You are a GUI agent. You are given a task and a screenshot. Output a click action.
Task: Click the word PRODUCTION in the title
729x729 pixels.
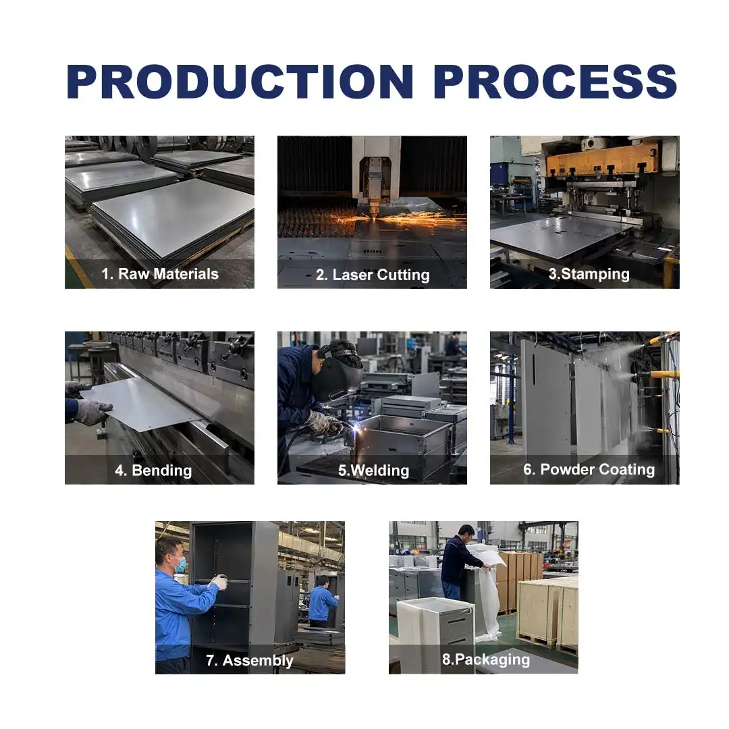tap(240, 82)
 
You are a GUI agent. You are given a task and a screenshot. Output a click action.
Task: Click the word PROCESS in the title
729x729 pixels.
tap(555, 82)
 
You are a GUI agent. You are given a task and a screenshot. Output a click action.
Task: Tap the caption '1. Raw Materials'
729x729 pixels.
tap(160, 274)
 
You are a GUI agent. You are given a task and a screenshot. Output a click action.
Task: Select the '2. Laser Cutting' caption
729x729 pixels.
tap(373, 275)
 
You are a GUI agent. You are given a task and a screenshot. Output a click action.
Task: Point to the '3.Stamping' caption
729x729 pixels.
tap(589, 274)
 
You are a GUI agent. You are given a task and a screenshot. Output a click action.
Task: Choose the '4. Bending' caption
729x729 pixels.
tap(153, 470)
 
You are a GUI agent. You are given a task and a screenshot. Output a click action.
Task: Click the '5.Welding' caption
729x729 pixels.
tap(374, 470)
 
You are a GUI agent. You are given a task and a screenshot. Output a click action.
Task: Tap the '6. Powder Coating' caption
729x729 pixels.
tap(589, 470)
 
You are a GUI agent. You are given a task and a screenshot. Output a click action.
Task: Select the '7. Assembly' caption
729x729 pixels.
tap(250, 660)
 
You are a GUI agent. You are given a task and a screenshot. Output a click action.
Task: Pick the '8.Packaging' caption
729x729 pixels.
tap(486, 659)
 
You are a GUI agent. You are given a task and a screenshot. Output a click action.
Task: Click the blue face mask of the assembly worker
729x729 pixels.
tap(180, 564)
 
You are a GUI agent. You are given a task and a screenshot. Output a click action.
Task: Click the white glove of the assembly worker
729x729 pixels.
tap(219, 582)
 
